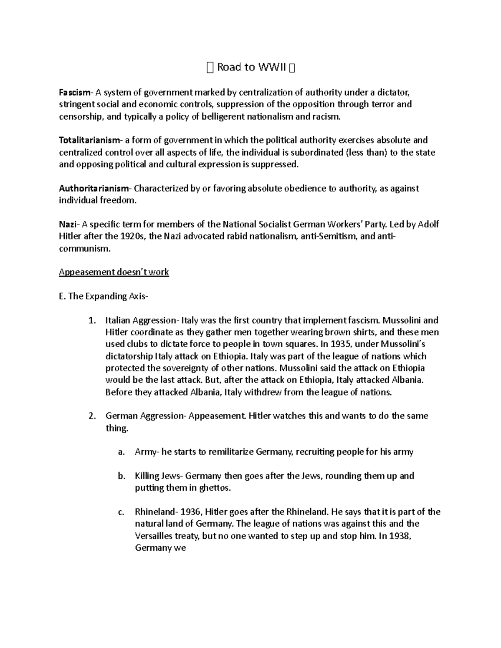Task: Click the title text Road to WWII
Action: [250, 68]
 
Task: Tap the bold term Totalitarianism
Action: [89, 140]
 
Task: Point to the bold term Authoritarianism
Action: [95, 189]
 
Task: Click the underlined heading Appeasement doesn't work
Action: [114, 272]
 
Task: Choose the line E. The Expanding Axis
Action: [103, 297]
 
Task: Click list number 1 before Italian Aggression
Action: [92, 321]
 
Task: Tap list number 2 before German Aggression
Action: [92, 416]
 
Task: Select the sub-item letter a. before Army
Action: [121, 452]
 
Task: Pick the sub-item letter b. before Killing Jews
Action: [121, 476]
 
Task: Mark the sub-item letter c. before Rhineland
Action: [121, 512]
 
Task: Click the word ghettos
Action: [215, 488]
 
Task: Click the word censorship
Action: [81, 116]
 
